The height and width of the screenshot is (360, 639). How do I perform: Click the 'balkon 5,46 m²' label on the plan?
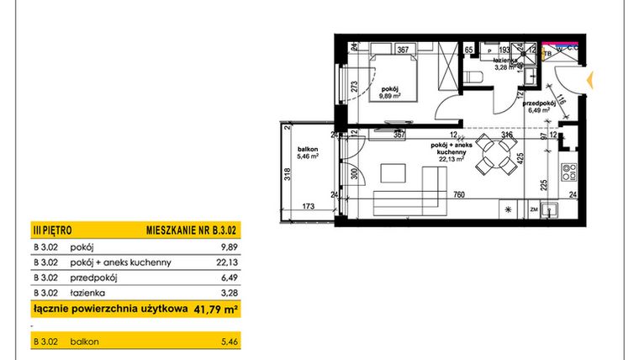[306, 154]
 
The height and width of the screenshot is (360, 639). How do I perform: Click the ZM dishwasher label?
[533, 209]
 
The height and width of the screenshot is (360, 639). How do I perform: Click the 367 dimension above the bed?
[404, 50]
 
